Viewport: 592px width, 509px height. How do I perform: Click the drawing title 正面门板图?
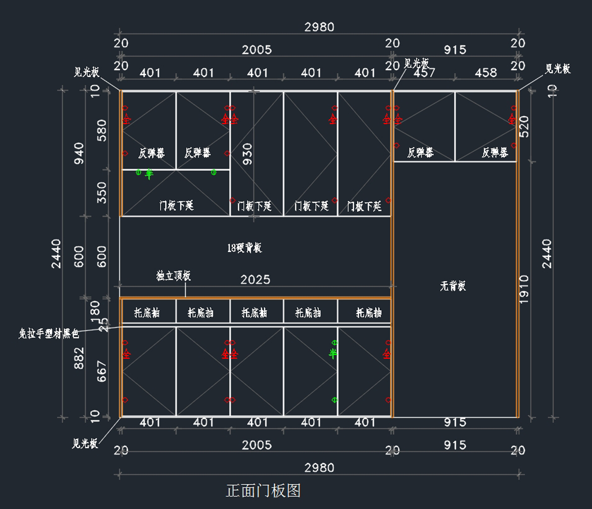point(263,490)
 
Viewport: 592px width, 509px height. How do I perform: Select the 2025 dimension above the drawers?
point(255,280)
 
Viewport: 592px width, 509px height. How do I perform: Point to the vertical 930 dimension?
point(247,154)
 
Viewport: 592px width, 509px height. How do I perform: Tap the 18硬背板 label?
point(245,248)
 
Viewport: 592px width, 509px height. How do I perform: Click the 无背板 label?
point(453,286)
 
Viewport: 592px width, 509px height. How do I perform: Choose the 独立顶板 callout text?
point(173,276)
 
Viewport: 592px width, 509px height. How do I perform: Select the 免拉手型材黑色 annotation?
point(48,334)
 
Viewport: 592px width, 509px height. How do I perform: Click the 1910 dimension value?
point(524,289)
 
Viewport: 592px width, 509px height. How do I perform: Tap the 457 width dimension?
point(424,73)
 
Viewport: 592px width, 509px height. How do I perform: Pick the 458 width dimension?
point(486,73)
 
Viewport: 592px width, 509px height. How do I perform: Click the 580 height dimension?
point(102,130)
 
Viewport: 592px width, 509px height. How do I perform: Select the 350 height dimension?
point(102,193)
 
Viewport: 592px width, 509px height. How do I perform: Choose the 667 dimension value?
point(102,371)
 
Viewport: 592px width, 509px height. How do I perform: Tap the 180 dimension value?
point(95,310)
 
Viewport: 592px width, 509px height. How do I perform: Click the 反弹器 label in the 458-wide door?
point(495,153)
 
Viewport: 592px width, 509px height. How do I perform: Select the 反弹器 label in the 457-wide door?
point(420,153)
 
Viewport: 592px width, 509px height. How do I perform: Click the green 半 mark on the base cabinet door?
point(333,353)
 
